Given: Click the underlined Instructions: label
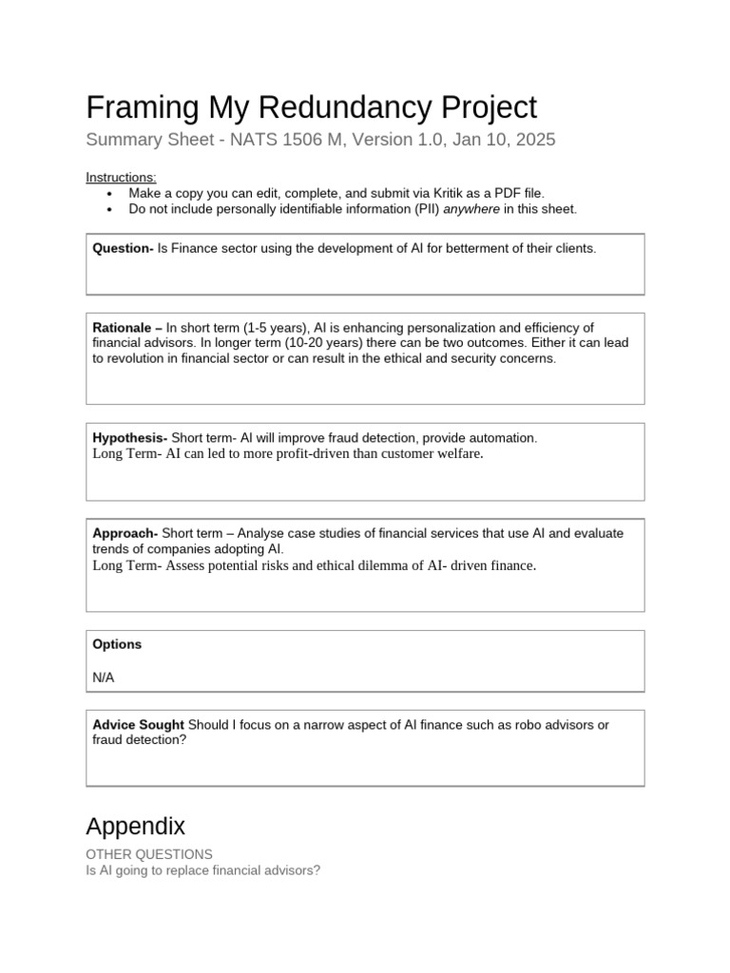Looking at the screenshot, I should click(122, 178).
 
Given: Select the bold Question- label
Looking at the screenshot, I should click(123, 248).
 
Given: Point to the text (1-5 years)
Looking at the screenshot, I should click(269, 328).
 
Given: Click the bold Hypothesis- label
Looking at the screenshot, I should click(130, 438).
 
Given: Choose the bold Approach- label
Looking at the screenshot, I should click(125, 533).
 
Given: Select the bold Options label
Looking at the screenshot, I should click(117, 644).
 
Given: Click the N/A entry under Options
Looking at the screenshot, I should click(104, 677).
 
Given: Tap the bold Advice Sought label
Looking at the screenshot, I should click(138, 725).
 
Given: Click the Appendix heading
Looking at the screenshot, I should click(135, 824).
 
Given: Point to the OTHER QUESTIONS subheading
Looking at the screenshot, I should click(149, 854).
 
